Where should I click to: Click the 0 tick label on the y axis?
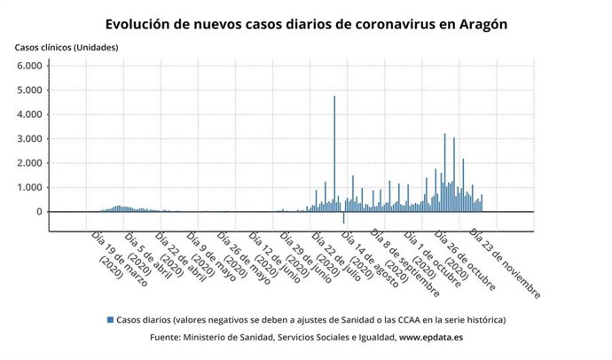[x=38, y=212]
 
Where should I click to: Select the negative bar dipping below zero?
[x=344, y=217]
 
